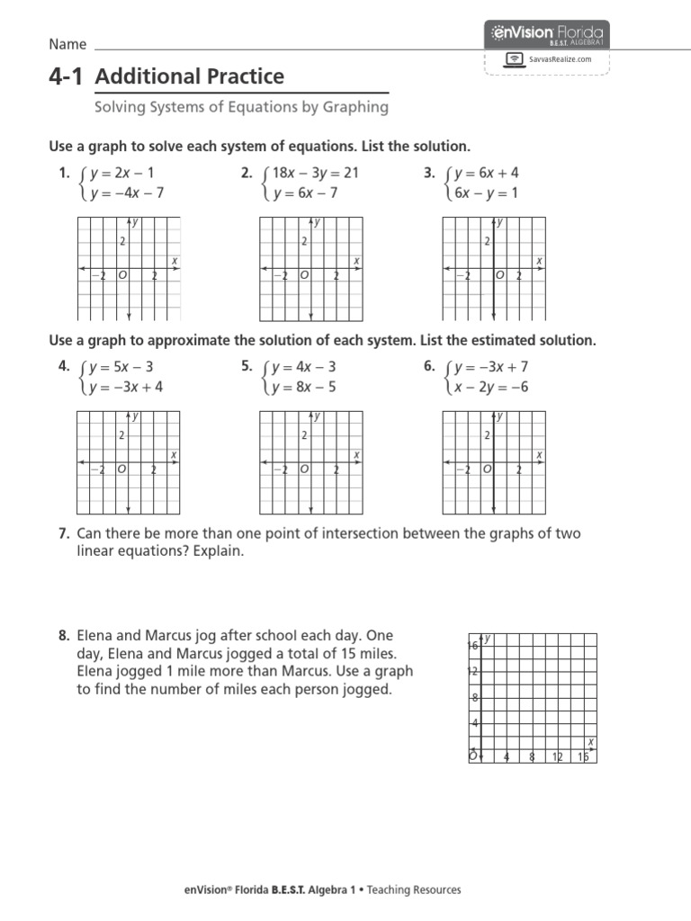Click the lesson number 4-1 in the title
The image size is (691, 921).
pos(67,77)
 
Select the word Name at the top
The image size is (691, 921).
pos(67,45)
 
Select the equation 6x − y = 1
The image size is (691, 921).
pos(487,193)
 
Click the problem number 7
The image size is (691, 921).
pos(64,534)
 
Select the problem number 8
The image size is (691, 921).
pos(64,636)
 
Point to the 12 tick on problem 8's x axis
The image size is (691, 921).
pos(558,756)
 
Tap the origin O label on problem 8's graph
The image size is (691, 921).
pos(472,756)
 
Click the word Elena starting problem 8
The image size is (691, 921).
pos(95,636)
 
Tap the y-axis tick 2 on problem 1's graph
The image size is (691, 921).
pos(121,241)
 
